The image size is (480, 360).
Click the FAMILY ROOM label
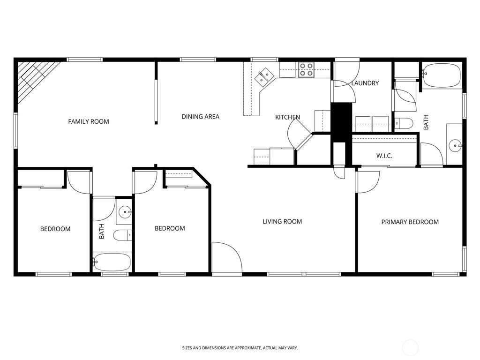coord(89,121)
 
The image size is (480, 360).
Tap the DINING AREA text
coord(201,117)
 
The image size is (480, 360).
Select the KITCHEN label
coord(287,117)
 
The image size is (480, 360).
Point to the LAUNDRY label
coord(365,83)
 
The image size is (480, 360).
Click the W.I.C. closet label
coord(384,156)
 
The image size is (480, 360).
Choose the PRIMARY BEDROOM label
coord(410,222)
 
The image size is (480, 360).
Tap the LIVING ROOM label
coord(282,222)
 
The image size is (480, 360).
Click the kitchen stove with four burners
coord(307,70)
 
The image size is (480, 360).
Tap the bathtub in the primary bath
coord(441,75)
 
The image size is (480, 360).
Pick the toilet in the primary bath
coord(404,124)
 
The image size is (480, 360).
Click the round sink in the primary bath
coord(456,146)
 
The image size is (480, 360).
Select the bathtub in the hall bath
coord(112,262)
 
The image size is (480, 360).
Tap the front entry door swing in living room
coord(226,257)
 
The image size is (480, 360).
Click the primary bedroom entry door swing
coord(368,182)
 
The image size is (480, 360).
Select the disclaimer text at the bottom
coord(240,348)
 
